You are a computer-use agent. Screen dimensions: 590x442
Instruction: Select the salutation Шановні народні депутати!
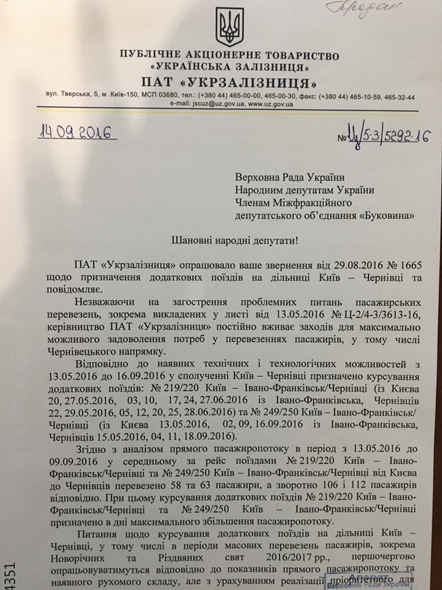coord(223,241)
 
